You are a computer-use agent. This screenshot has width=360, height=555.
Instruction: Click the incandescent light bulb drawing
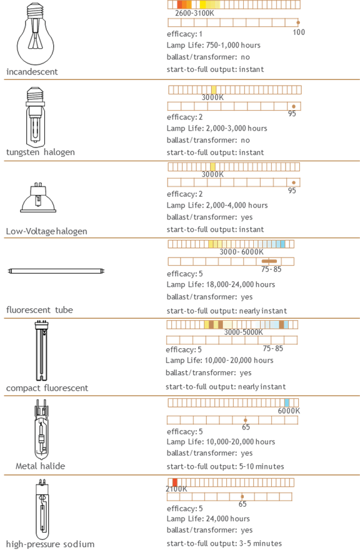point(36,34)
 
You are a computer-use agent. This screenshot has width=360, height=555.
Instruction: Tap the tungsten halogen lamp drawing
point(36,117)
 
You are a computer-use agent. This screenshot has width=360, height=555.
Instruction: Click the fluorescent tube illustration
point(56,271)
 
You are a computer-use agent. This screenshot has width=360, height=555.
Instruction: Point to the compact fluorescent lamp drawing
point(41,351)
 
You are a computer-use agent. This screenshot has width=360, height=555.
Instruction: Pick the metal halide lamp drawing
point(41,430)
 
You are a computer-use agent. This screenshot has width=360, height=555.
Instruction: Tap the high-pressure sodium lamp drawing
point(42,509)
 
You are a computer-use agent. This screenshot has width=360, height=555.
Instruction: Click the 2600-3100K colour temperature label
point(194,13)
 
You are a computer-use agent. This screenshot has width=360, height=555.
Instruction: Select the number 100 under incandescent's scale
point(299,32)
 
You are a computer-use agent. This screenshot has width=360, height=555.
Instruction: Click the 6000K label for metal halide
point(289,411)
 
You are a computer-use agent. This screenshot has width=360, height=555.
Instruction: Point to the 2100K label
point(176,489)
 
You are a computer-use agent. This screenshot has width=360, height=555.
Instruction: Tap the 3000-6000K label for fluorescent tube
point(241,252)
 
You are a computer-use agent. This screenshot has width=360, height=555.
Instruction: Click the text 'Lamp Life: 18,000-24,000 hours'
point(221,284)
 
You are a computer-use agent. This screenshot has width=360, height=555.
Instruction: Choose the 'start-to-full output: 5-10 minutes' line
point(226,466)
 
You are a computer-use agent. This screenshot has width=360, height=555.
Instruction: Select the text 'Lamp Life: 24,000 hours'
point(208,519)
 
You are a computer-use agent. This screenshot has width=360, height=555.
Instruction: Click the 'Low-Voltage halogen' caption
point(46,231)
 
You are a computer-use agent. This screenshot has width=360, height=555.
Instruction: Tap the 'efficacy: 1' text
point(184,34)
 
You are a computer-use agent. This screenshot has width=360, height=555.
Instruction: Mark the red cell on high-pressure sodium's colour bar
point(174,482)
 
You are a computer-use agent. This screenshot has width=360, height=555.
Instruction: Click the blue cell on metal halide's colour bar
point(287,402)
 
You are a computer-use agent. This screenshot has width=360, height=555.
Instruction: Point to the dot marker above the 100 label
point(298,22)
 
